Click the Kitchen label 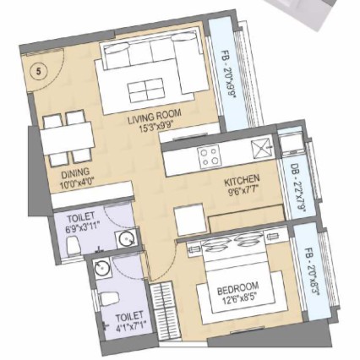(242, 185)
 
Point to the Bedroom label (238, 287)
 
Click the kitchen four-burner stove (209, 155)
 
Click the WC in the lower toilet (107, 299)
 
